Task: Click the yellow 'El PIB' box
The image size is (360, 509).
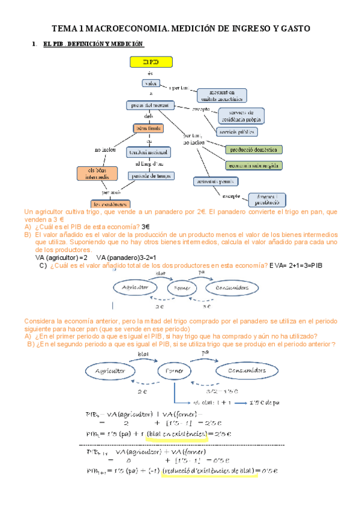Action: coord(151,62)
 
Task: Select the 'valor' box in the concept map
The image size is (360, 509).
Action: coord(151,83)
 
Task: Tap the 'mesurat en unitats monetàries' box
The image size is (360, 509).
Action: coord(222,94)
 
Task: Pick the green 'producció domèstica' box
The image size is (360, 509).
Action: coord(254,149)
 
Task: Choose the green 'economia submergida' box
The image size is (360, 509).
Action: coord(254,164)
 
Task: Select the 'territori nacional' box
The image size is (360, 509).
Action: coord(149,153)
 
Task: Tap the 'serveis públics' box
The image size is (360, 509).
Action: coord(238,131)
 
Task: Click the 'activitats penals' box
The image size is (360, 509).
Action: coord(216,181)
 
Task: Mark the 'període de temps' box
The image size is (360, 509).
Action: coord(150,176)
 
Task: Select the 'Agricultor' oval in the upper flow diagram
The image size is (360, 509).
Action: coord(136,288)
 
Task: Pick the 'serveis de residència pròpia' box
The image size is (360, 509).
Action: coord(241,115)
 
